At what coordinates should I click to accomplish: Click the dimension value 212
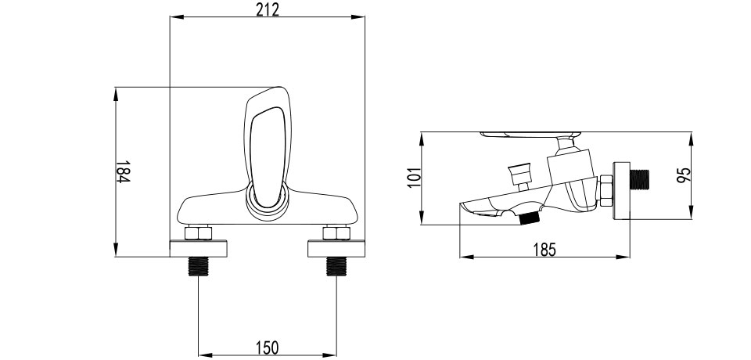pos(267,9)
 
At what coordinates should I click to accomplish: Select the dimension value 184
pos(123,171)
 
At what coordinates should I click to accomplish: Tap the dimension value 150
pos(268,347)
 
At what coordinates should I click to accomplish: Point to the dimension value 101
pos(415,178)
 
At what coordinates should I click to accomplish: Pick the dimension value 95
pos(684,175)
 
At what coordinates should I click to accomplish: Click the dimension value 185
pos(544,250)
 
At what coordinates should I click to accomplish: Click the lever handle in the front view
pos(268,149)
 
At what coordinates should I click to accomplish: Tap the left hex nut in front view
pos(198,233)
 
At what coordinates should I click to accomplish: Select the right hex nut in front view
pos(336,233)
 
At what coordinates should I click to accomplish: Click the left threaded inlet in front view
pos(198,267)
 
